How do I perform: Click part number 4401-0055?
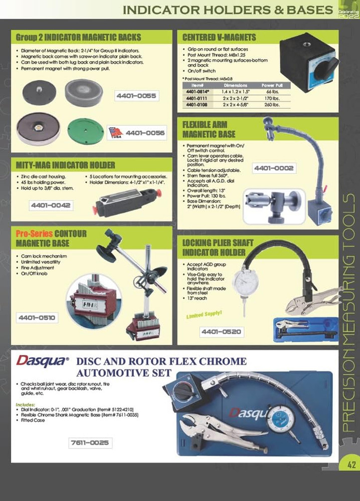click(x=136, y=95)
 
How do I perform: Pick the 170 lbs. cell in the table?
click(x=271, y=99)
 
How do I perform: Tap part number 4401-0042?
click(x=51, y=205)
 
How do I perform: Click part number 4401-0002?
click(x=274, y=168)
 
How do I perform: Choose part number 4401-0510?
click(x=38, y=317)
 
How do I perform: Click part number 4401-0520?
click(x=221, y=332)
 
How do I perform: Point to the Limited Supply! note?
click(x=204, y=316)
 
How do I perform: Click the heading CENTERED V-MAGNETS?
click(x=220, y=37)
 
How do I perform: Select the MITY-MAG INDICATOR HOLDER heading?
click(x=66, y=165)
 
